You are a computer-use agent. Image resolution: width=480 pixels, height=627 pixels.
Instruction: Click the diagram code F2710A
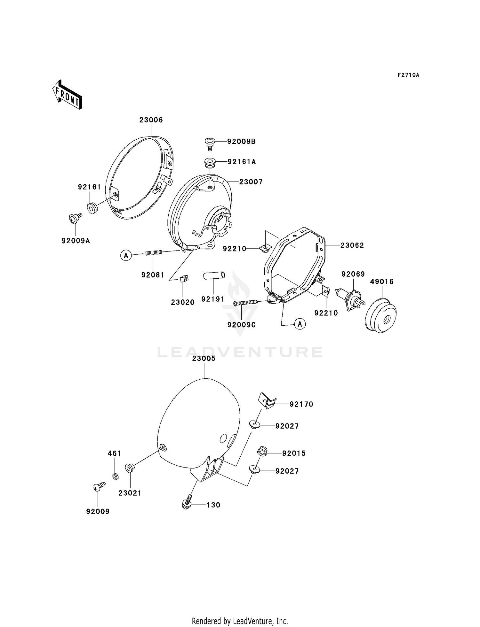(408, 75)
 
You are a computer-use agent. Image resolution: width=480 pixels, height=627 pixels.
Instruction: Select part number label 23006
(151, 120)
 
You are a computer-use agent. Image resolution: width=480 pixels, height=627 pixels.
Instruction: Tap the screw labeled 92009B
(210, 143)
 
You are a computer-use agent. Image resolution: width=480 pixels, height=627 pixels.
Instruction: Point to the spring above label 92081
(154, 253)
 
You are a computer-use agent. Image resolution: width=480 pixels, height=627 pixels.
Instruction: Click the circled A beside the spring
(126, 255)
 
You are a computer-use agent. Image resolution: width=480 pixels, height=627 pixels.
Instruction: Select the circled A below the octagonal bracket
(300, 324)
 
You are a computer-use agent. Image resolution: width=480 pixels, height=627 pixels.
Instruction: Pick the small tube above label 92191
(214, 275)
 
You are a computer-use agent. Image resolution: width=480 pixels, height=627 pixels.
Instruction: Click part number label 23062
(352, 245)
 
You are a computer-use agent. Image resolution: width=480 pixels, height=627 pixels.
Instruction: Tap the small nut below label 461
(115, 476)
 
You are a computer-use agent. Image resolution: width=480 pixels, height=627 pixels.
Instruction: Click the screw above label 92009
(99, 486)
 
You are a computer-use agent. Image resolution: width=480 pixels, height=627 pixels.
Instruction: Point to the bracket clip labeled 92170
(266, 400)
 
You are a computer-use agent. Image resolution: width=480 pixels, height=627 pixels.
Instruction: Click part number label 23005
(204, 359)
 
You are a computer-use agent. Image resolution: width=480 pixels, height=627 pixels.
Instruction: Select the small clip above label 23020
(184, 278)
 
